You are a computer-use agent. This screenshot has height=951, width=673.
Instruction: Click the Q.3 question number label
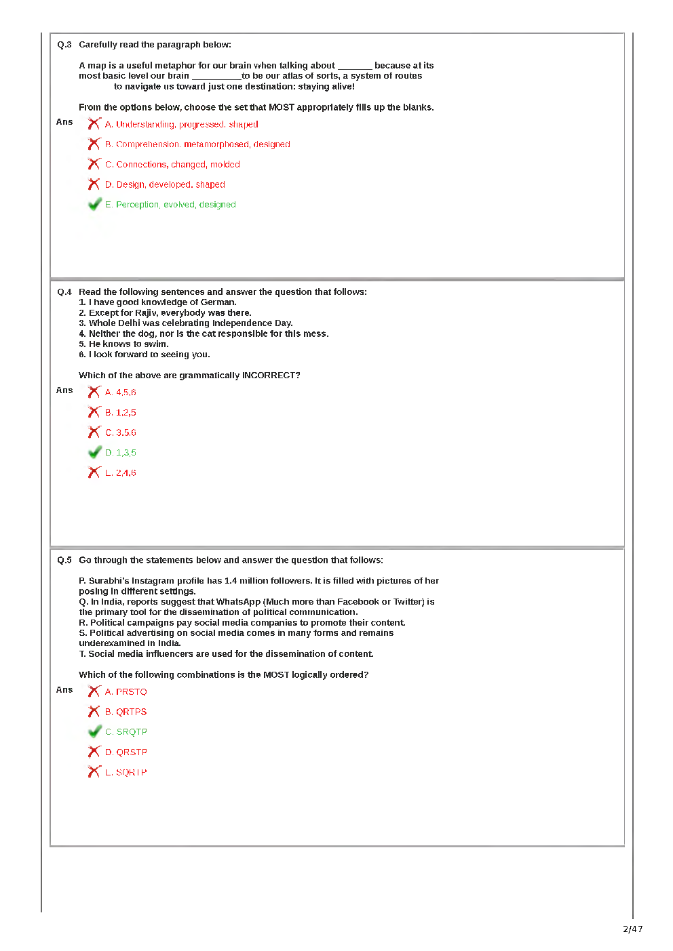click(64, 45)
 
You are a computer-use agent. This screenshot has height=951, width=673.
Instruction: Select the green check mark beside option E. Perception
click(94, 205)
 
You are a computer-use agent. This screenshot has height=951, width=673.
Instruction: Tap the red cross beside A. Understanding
click(94, 124)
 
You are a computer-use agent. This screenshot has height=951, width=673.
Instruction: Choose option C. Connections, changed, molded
click(172, 165)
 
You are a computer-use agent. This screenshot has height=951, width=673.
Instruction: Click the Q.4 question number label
click(64, 292)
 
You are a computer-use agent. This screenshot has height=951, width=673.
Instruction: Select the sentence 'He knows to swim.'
click(128, 344)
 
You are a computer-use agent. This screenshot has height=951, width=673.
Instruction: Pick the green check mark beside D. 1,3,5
click(94, 453)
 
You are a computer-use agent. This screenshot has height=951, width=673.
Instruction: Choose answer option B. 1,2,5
click(121, 413)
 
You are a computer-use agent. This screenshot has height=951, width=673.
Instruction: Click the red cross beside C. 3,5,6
click(94, 432)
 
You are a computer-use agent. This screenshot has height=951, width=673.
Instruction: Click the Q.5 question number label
click(64, 561)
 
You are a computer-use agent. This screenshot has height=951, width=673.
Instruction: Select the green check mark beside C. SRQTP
click(94, 732)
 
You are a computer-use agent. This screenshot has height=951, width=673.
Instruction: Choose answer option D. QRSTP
click(126, 752)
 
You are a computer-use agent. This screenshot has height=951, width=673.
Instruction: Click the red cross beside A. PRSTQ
click(94, 692)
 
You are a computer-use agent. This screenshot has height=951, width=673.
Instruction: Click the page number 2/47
click(632, 929)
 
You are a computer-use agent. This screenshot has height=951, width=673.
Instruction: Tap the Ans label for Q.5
click(64, 690)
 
